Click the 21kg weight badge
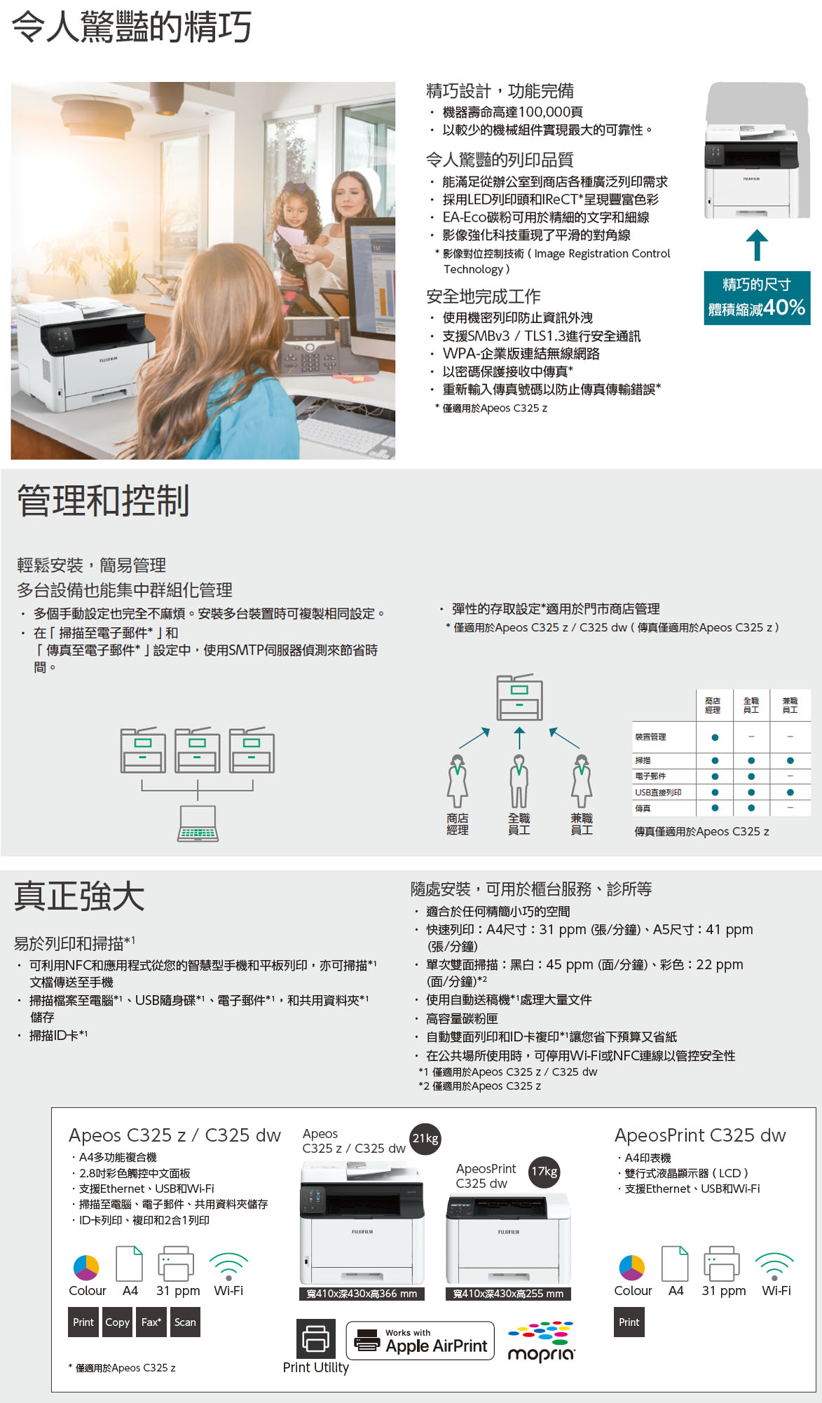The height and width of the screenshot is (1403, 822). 425,1139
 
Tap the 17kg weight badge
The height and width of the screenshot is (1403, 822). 544,1172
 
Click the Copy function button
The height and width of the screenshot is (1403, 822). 117,1322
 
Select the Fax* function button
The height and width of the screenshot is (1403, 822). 151,1322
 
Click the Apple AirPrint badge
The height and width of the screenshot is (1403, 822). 420,1341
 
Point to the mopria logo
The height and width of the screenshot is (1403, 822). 541,1342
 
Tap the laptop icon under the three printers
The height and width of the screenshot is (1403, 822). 198,823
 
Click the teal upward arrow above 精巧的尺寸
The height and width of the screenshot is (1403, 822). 757,245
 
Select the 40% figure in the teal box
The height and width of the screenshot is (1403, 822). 784,308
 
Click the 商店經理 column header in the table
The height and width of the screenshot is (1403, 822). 713,705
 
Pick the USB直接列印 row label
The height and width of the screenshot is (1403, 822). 658,793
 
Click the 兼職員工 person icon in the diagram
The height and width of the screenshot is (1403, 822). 582,781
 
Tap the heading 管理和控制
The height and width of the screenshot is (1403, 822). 104,500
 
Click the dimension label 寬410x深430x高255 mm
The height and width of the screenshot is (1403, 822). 509,1294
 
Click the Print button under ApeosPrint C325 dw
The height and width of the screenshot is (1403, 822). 629,1322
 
